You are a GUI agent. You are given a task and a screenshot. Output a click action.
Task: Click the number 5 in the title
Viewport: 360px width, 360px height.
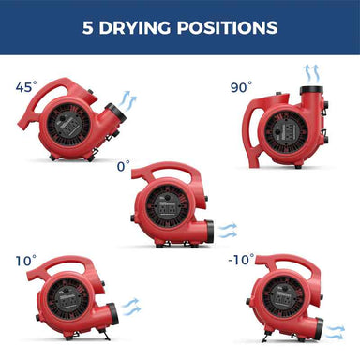88,26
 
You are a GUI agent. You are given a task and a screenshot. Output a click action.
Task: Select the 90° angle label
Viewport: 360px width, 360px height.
241,87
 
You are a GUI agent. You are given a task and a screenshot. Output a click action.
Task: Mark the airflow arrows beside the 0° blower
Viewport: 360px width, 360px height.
228,229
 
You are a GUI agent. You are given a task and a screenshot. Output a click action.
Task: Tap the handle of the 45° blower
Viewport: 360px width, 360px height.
66,86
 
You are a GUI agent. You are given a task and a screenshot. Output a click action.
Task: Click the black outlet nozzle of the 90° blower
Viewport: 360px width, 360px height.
312,94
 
